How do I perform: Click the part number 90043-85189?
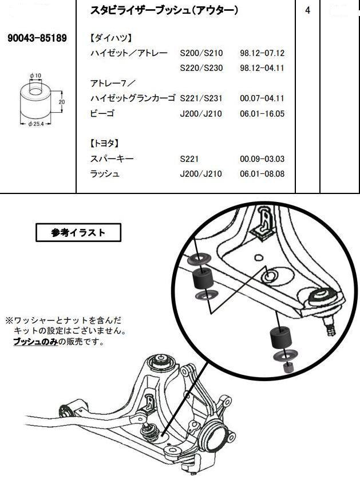pos(37,38)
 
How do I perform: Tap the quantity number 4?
pos(308,11)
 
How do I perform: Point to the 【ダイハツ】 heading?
pos(111,38)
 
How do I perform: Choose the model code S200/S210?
pos(200,53)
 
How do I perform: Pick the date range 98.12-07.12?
pos(262,53)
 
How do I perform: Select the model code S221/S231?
pos(200,98)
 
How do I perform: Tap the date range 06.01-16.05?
pos(262,113)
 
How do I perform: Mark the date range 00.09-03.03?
pos(262,159)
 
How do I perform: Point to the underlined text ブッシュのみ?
pos(34,342)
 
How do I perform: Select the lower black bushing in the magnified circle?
pos(279,338)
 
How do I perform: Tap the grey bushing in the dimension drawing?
pos(35,102)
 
